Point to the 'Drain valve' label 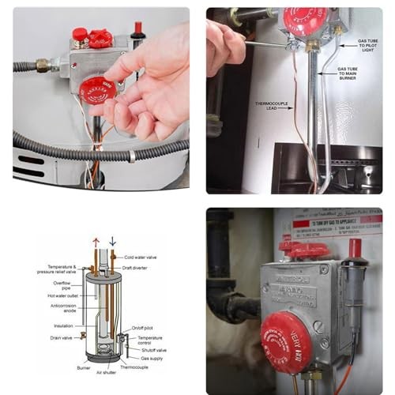[60, 337]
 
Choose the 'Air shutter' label [107, 373]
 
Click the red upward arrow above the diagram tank [96, 243]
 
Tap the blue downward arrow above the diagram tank [112, 242]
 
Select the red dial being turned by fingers [97, 89]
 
